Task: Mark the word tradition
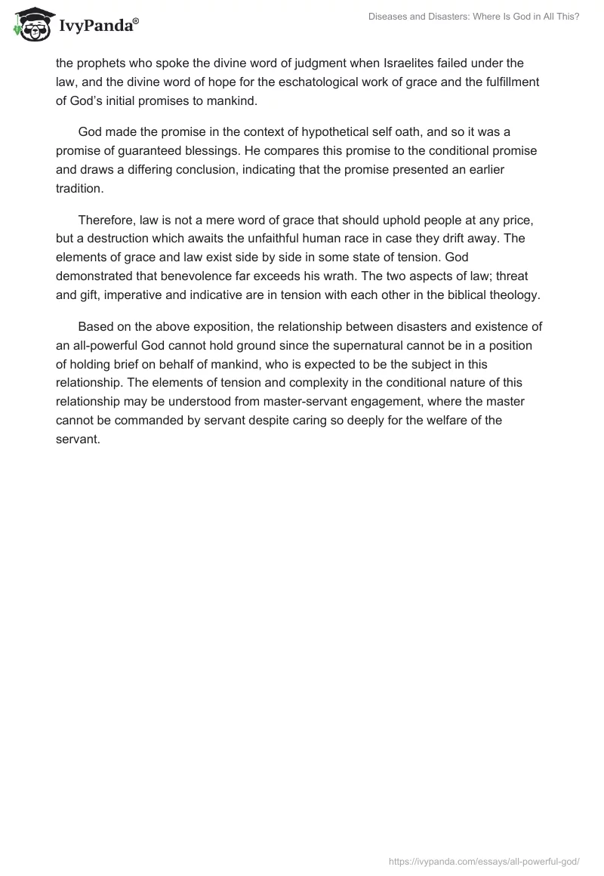80,188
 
